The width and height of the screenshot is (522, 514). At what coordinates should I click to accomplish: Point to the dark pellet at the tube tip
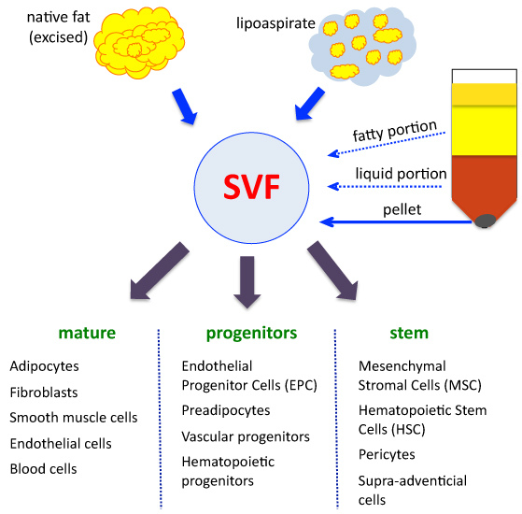pyautogui.click(x=486, y=221)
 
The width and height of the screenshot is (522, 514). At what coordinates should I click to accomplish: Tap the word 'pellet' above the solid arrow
pyautogui.click(x=401, y=209)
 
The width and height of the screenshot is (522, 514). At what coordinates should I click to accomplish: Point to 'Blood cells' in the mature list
pyautogui.click(x=43, y=468)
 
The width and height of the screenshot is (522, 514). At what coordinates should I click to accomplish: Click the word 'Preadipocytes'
pyautogui.click(x=226, y=409)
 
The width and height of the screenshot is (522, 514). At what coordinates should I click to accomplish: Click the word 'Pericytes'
pyautogui.click(x=387, y=455)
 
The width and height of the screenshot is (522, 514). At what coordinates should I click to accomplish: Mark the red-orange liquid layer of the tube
pyautogui.click(x=486, y=182)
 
